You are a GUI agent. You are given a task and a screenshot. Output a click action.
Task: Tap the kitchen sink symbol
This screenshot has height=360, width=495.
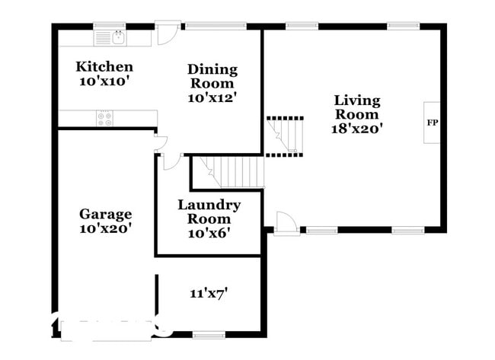tap(119, 37)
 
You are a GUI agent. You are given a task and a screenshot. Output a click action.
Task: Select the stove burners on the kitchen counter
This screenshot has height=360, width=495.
tap(105, 119)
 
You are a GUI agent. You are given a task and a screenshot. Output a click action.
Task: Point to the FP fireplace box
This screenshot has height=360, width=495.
tap(432, 122)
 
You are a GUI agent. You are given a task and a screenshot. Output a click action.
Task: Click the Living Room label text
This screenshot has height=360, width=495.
tap(357, 107)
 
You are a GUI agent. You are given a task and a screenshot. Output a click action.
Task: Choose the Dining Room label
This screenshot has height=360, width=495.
tap(212, 76)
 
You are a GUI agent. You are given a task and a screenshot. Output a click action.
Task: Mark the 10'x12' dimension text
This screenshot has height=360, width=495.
tap(212, 97)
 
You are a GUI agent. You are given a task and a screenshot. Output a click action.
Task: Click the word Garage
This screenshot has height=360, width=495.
tap(106, 214)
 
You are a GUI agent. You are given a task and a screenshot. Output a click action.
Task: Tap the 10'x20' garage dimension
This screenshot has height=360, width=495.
tap(106, 228)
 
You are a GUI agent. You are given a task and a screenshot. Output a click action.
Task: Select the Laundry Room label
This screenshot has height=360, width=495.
tap(209, 212)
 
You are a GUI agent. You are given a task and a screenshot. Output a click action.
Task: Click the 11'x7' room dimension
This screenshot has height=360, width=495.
tap(209, 292)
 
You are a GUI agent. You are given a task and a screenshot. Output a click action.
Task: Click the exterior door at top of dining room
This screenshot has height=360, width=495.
tap(168, 33)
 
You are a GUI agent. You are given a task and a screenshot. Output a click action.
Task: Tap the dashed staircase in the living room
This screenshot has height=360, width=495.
tap(285, 135)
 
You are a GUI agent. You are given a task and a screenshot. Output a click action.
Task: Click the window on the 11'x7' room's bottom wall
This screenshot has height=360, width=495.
tap(209, 334)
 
